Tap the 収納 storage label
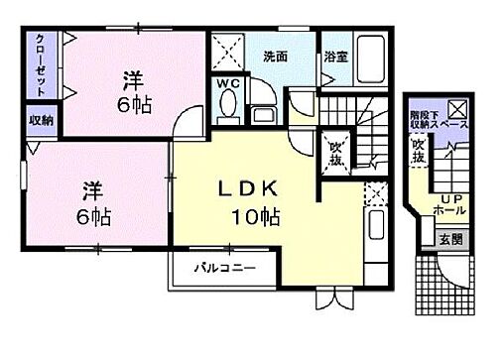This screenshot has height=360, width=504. (41, 120)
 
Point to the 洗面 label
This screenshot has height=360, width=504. (275, 57)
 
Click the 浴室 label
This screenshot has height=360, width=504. (334, 57)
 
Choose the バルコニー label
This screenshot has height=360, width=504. (224, 268)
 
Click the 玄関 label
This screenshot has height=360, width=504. (450, 237)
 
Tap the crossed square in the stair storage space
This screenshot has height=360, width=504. (459, 109)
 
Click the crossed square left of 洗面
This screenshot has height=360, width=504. (227, 50)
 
